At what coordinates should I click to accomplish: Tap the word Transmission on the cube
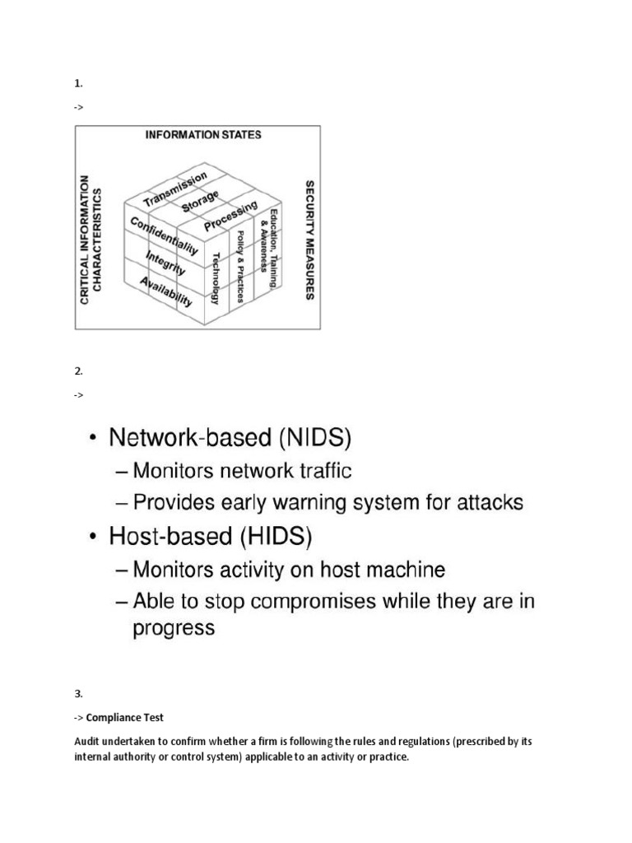click(x=175, y=189)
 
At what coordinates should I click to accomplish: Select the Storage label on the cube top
click(x=201, y=202)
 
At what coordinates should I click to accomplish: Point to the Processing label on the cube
click(x=230, y=215)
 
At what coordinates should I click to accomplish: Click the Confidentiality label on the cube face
click(x=163, y=235)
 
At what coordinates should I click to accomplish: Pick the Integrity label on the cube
click(x=165, y=263)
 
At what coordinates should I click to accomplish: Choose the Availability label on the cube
click(x=166, y=290)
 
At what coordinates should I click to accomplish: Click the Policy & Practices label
click(x=239, y=268)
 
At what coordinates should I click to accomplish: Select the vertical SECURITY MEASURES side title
click(x=309, y=240)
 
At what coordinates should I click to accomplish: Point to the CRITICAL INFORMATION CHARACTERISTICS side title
click(x=92, y=245)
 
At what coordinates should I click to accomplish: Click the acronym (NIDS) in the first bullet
click(x=315, y=439)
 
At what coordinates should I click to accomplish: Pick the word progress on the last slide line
click(x=174, y=628)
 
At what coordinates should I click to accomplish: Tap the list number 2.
click(x=79, y=371)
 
